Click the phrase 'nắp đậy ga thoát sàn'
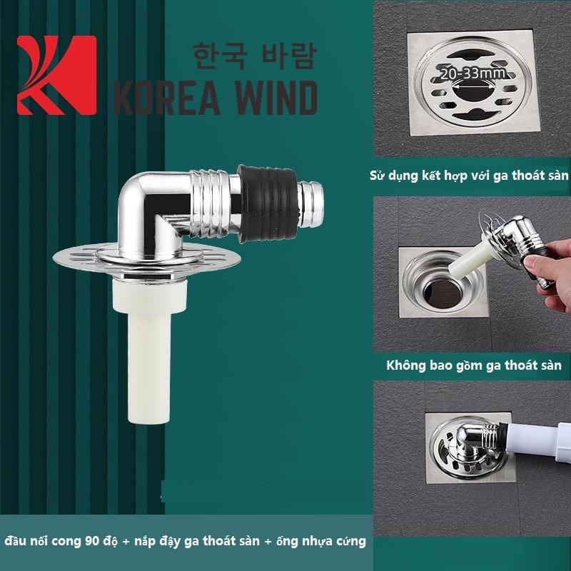point(198,540)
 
